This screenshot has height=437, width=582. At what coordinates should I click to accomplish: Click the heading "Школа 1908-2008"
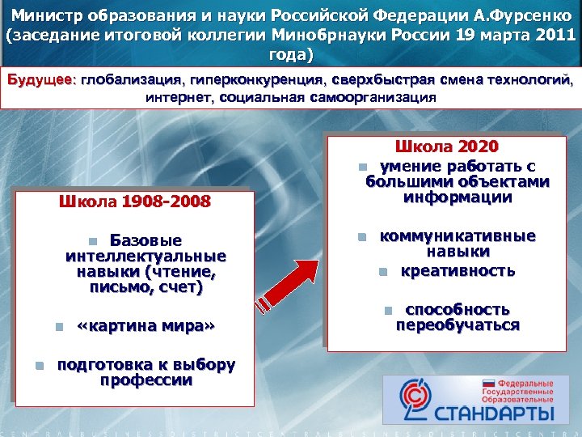[134, 202]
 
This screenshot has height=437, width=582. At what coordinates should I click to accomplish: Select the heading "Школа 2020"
[445, 146]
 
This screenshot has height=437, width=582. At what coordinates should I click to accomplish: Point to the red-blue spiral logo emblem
[412, 398]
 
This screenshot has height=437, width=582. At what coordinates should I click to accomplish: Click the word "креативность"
[458, 270]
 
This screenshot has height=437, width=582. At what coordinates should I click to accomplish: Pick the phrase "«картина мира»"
[145, 327]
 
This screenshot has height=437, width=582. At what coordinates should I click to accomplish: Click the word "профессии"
[146, 380]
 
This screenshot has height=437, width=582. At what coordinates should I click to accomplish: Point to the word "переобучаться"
[458, 325]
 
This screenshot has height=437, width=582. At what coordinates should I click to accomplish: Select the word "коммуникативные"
[458, 236]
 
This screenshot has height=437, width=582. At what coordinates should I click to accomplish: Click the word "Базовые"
[145, 240]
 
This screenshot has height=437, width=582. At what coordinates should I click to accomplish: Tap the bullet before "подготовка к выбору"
[39, 365]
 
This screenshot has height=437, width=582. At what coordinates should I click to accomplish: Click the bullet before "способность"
[387, 310]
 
